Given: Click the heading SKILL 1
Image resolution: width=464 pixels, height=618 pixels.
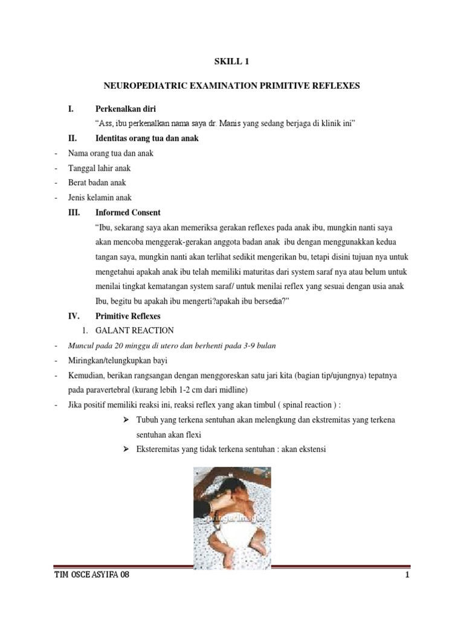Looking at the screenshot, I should [x=232, y=61].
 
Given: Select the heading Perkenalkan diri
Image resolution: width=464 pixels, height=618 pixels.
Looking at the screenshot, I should [x=126, y=109].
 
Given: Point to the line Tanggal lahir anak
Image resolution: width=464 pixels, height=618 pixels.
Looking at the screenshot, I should [x=99, y=168].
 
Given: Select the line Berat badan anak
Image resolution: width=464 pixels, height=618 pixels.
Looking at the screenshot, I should [x=97, y=183].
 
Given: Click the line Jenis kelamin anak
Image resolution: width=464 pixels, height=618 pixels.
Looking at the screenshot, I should [x=100, y=197].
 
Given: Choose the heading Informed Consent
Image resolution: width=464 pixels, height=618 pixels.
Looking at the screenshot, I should [x=128, y=212].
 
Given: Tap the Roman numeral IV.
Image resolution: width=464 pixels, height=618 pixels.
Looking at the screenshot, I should [x=72, y=316].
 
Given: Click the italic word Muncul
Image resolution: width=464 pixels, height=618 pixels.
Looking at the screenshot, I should [x=82, y=345].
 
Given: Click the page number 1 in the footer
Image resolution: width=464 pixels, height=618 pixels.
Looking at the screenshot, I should [x=408, y=575].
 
